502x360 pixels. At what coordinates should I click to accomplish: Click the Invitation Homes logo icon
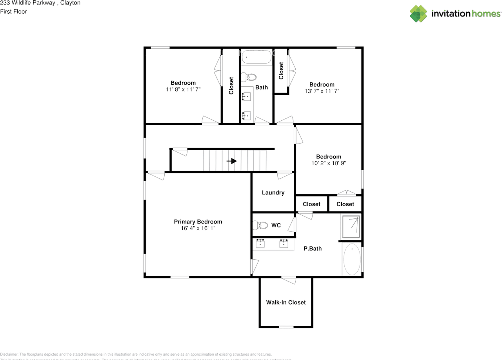[x=418, y=14]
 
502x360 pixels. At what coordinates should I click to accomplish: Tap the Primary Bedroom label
[x=198, y=222]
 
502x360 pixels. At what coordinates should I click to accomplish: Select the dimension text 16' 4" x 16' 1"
[x=198, y=228]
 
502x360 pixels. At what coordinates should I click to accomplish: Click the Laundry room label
[x=273, y=193]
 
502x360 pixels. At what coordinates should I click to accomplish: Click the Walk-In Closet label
[x=286, y=302]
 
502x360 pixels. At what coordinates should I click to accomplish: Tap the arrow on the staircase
[x=232, y=161]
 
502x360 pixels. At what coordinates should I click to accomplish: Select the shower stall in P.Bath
[x=351, y=227]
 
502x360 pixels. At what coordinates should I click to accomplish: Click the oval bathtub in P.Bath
[x=352, y=259]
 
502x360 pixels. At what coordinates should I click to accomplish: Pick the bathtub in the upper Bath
[x=256, y=57]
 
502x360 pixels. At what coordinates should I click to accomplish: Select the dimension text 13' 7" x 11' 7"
[x=322, y=91]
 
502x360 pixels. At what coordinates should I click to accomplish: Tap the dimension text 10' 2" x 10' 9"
[x=329, y=163]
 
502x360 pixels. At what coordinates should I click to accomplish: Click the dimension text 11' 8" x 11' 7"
[x=183, y=89]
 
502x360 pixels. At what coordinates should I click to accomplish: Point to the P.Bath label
[x=313, y=248]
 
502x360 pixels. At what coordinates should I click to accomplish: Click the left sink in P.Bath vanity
[x=260, y=244]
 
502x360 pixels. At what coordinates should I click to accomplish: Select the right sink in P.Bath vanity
[x=284, y=244]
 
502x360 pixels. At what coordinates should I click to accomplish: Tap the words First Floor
[x=14, y=11]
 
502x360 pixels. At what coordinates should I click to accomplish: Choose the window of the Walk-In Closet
[x=286, y=327]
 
